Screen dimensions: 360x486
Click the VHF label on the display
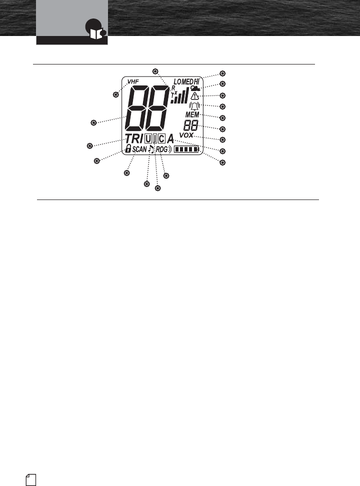pos(133,81)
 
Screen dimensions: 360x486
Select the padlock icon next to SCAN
pos(128,148)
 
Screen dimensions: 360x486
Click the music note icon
pos(151,149)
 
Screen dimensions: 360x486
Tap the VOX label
pos(186,135)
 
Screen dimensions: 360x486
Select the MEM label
pos(192,114)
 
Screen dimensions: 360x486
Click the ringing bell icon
pos(194,105)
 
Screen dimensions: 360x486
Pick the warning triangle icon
pos(195,96)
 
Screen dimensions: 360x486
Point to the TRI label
pos(133,138)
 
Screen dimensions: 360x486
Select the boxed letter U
pos(149,138)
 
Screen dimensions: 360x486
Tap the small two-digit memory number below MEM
pos(190,125)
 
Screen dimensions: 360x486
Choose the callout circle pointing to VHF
pos(116,94)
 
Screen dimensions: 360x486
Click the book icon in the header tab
pos(93,31)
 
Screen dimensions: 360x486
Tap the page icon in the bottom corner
pos(31,479)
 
